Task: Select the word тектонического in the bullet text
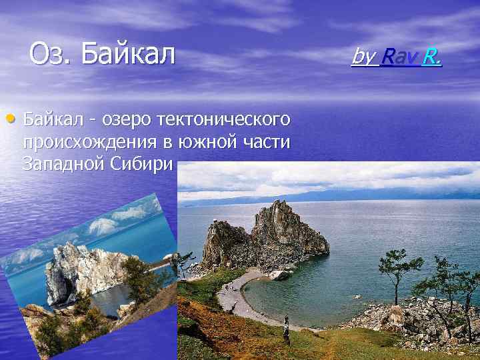point(224,120)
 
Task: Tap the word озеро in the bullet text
point(126,120)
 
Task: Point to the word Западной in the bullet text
point(59,164)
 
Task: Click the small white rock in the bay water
point(278,275)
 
